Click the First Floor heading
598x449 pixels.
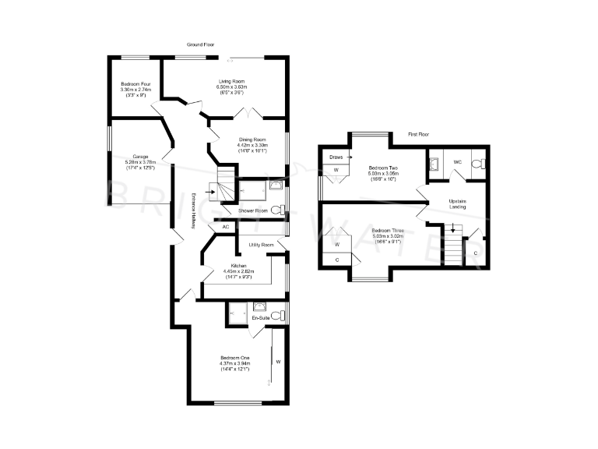[x=419, y=135]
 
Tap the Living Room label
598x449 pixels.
[x=230, y=81]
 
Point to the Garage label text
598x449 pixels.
[x=140, y=156]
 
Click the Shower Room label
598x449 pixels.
[x=254, y=210]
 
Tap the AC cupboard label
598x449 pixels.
[x=226, y=227]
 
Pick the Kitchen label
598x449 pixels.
[x=235, y=266]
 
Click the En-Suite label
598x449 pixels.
[x=259, y=318]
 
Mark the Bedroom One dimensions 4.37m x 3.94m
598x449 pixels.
[x=233, y=363]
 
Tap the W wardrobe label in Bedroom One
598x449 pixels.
[x=278, y=362]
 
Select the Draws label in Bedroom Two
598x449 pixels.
[x=336, y=157]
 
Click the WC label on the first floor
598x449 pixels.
[x=458, y=162]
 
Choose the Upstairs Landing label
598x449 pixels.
[x=458, y=204]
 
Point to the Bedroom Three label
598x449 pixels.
[x=385, y=230]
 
